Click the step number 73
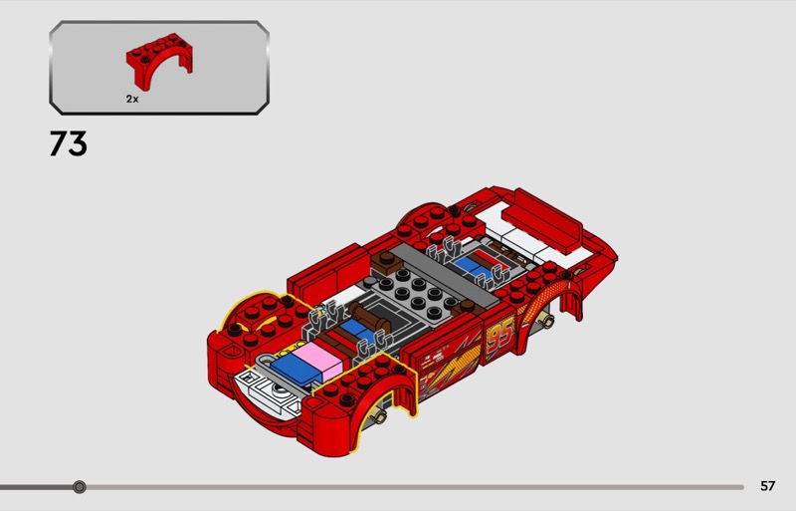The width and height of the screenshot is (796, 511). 68,143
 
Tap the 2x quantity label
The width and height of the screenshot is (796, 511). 132,100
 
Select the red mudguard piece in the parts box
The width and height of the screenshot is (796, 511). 159,61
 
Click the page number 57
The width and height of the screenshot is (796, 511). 767,486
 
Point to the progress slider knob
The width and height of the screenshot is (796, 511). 80,487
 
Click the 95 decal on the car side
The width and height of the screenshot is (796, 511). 500,336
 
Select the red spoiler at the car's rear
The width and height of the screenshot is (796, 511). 542,220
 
